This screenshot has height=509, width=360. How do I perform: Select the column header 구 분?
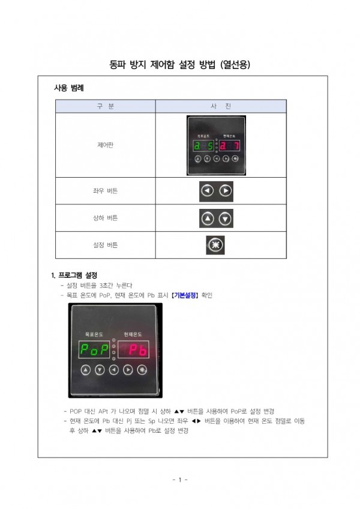point(105,106)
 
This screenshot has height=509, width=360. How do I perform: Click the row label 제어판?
point(105,145)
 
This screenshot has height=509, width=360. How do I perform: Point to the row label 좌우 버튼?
point(105,191)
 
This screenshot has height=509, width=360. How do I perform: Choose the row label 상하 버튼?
point(105,218)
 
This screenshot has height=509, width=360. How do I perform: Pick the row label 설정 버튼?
point(105,245)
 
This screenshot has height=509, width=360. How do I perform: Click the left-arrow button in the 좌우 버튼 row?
point(208,191)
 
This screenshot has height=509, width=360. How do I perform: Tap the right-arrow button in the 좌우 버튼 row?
point(225,191)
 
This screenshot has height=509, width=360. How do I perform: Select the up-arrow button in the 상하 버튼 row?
point(208,218)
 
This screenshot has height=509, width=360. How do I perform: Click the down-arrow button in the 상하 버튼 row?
point(225,218)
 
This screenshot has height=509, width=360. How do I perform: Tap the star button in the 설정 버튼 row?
point(216,245)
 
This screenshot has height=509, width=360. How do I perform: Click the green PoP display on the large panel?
point(94,349)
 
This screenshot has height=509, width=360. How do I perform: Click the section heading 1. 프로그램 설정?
point(74,275)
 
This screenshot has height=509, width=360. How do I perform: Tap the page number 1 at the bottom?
point(180,480)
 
